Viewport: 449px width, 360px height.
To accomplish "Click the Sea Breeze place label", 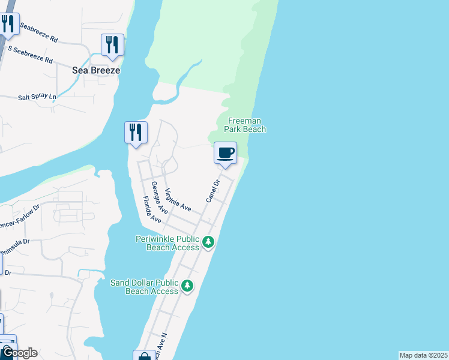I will click(x=96, y=70).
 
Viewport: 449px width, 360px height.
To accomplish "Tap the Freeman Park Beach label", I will click(x=246, y=125).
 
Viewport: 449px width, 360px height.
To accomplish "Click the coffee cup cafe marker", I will click(x=226, y=153).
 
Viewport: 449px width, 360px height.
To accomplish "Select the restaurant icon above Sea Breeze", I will click(x=112, y=45).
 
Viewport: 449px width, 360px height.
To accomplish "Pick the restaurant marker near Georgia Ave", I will click(x=136, y=133).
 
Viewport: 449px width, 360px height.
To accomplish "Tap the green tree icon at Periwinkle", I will click(x=208, y=242).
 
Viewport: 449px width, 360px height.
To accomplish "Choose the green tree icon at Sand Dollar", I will click(x=188, y=286).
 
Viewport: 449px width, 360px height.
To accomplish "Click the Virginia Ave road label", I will click(x=178, y=199).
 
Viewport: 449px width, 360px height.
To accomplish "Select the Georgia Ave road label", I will click(x=160, y=198).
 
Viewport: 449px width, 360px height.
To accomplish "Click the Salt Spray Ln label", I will click(x=37, y=97).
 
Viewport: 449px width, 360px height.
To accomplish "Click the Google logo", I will click(x=19, y=353).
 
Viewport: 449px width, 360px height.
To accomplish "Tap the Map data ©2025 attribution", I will click(x=423, y=355).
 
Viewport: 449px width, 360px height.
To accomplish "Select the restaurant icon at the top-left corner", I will click(x=7, y=25).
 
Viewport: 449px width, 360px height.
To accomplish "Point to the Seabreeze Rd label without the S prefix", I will click(x=39, y=34).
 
